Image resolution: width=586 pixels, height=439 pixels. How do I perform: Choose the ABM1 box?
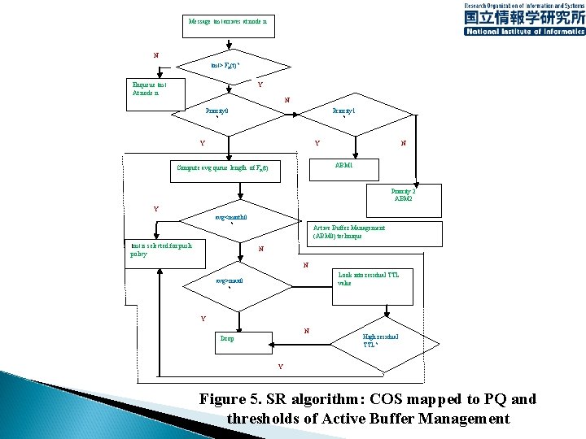[343, 165]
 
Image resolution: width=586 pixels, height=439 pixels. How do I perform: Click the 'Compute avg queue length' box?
[227, 169]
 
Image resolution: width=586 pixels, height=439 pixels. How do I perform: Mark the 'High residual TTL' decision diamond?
[379, 341]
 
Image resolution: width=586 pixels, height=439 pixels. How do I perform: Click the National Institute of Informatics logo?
[523, 18]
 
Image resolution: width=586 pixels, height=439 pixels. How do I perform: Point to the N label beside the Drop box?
[306, 330]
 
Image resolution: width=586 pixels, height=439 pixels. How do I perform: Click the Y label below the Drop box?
[280, 367]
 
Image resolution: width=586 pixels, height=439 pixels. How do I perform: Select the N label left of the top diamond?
[156, 54]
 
